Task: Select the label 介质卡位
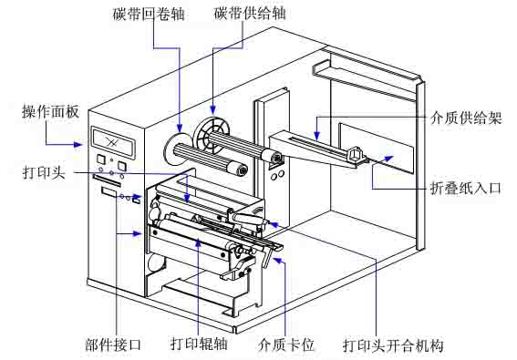pyautogui.click(x=286, y=345)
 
